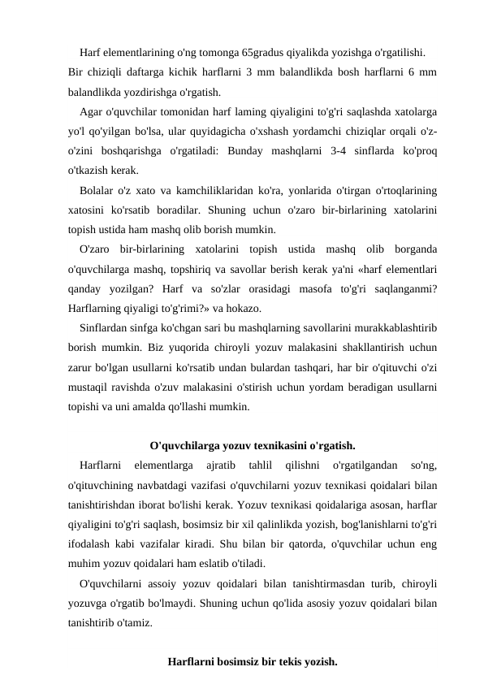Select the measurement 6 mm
(421, 72)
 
